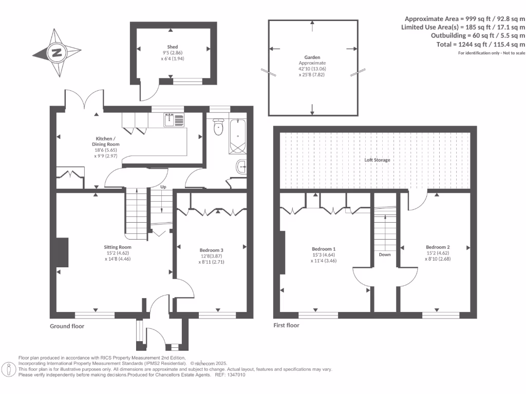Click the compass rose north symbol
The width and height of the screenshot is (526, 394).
click(57, 52)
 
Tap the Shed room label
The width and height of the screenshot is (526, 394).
click(173, 47)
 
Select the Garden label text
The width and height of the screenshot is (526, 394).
click(312, 58)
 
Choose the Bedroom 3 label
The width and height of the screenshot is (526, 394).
click(212, 250)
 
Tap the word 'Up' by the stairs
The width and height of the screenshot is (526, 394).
click(163, 187)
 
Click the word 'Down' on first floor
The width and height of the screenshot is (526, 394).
click(385, 254)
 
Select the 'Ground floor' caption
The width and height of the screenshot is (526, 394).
click(67, 326)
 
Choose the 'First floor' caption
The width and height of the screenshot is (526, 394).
click(287, 325)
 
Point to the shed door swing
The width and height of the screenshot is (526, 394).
click(149, 92)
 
